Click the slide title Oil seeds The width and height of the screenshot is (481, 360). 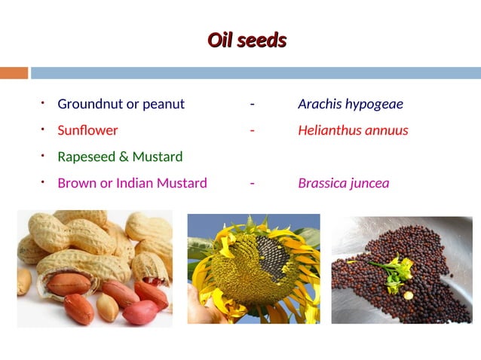(247, 41)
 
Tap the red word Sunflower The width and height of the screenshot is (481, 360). (87, 130)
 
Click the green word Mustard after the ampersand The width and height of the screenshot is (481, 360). (158, 157)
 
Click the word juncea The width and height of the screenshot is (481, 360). (369, 183)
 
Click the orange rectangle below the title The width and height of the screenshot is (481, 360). (14, 73)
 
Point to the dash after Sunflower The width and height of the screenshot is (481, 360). (252, 130)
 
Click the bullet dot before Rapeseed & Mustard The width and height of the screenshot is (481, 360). (44, 155)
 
